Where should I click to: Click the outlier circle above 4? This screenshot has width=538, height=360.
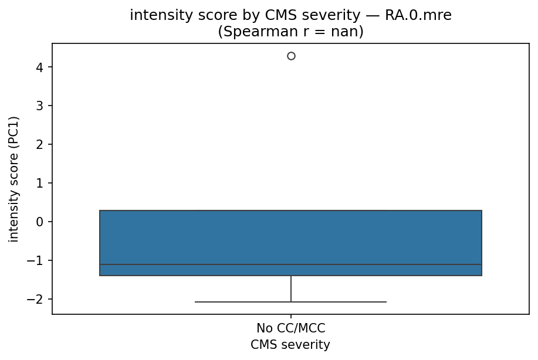[291, 56]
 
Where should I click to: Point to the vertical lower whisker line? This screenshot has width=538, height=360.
[291, 288]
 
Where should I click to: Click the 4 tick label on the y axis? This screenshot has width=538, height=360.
[40, 67]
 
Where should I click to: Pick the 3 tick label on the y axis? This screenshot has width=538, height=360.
[40, 106]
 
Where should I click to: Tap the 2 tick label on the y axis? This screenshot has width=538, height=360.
[40, 145]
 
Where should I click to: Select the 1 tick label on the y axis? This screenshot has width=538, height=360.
[40, 184]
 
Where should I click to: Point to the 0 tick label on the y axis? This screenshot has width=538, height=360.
[40, 222]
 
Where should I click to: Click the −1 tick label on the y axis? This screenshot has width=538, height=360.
[37, 260]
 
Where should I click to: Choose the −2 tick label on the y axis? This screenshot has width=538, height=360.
[37, 299]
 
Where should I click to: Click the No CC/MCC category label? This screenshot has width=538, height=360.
[291, 328]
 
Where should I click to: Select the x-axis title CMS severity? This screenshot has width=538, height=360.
[290, 345]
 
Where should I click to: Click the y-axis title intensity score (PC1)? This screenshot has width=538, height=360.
[14, 179]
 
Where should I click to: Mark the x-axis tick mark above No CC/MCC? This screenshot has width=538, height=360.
[291, 317]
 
